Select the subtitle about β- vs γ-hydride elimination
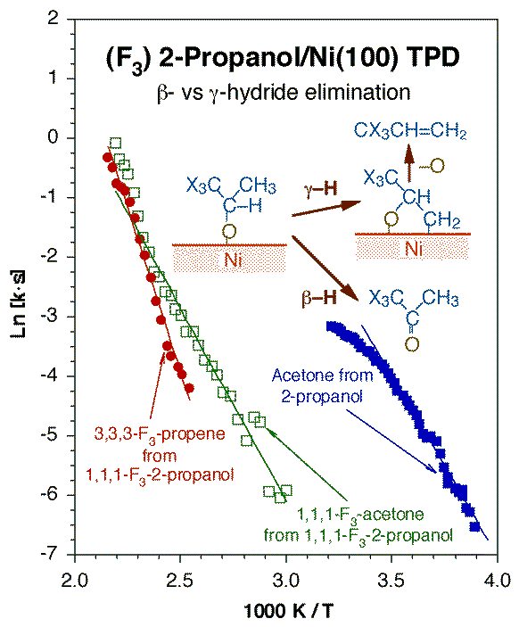284,93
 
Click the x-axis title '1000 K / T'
288,611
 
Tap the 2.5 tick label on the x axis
180,580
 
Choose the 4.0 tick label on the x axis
497,580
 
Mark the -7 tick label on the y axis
50,554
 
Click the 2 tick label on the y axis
53,20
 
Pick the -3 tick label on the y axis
50,317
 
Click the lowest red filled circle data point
190,388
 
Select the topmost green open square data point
116,143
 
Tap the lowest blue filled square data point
474,526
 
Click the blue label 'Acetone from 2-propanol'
322,385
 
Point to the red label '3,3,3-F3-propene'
160,433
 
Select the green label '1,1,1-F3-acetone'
359,515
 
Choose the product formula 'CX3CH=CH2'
410,132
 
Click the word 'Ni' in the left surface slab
233,260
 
